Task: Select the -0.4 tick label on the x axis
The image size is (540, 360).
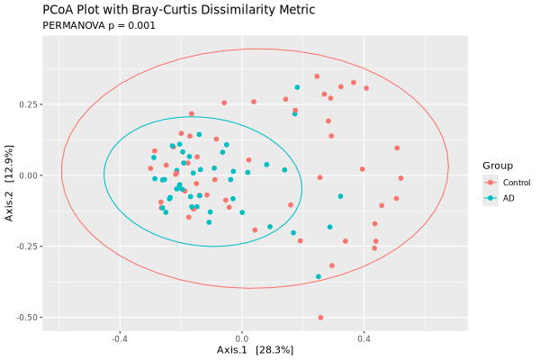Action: tap(119, 339)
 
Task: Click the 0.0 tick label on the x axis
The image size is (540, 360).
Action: tap(241, 339)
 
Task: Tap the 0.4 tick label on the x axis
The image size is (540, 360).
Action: tap(364, 339)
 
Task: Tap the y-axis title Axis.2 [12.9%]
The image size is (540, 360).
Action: tap(9, 175)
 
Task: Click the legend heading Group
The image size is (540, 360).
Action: tap(498, 166)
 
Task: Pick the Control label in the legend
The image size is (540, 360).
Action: tap(517, 183)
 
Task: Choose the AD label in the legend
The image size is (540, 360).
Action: tap(508, 198)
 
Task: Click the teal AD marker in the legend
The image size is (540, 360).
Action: tap(490, 198)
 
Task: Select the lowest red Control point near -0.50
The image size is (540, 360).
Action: tap(320, 318)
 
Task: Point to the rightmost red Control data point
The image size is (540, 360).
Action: tap(401, 177)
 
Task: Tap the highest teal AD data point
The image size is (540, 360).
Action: tap(297, 87)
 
